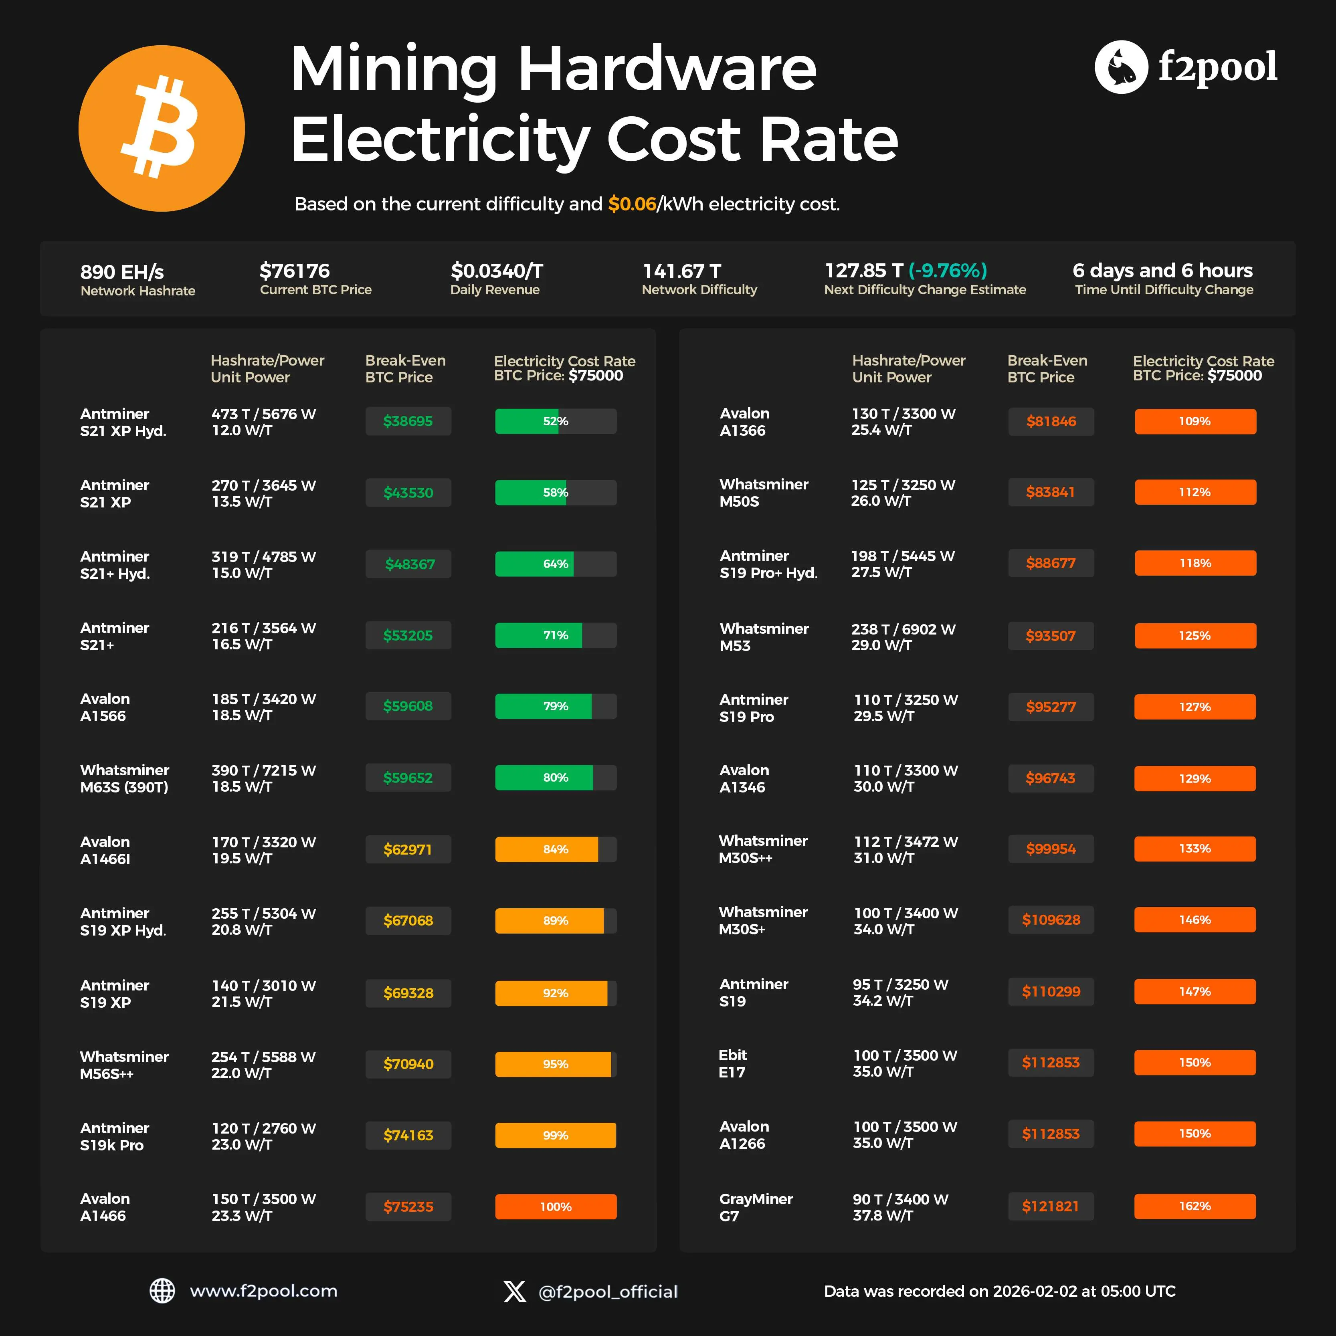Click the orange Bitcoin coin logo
[x=161, y=129]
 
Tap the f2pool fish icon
[x=1121, y=67]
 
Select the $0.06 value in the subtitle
[x=631, y=204]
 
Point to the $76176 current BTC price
[x=295, y=271]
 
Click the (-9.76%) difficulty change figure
[x=947, y=271]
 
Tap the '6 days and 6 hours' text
[x=1162, y=271]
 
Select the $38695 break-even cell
[x=408, y=421]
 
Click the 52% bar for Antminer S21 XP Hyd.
[x=555, y=421]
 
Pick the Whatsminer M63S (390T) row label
[x=125, y=779]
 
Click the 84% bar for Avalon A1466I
[x=555, y=849]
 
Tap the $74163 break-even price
[x=408, y=1136]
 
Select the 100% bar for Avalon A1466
[x=555, y=1207]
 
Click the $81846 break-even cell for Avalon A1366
[x=1051, y=421]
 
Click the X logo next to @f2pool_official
[x=515, y=1291]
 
